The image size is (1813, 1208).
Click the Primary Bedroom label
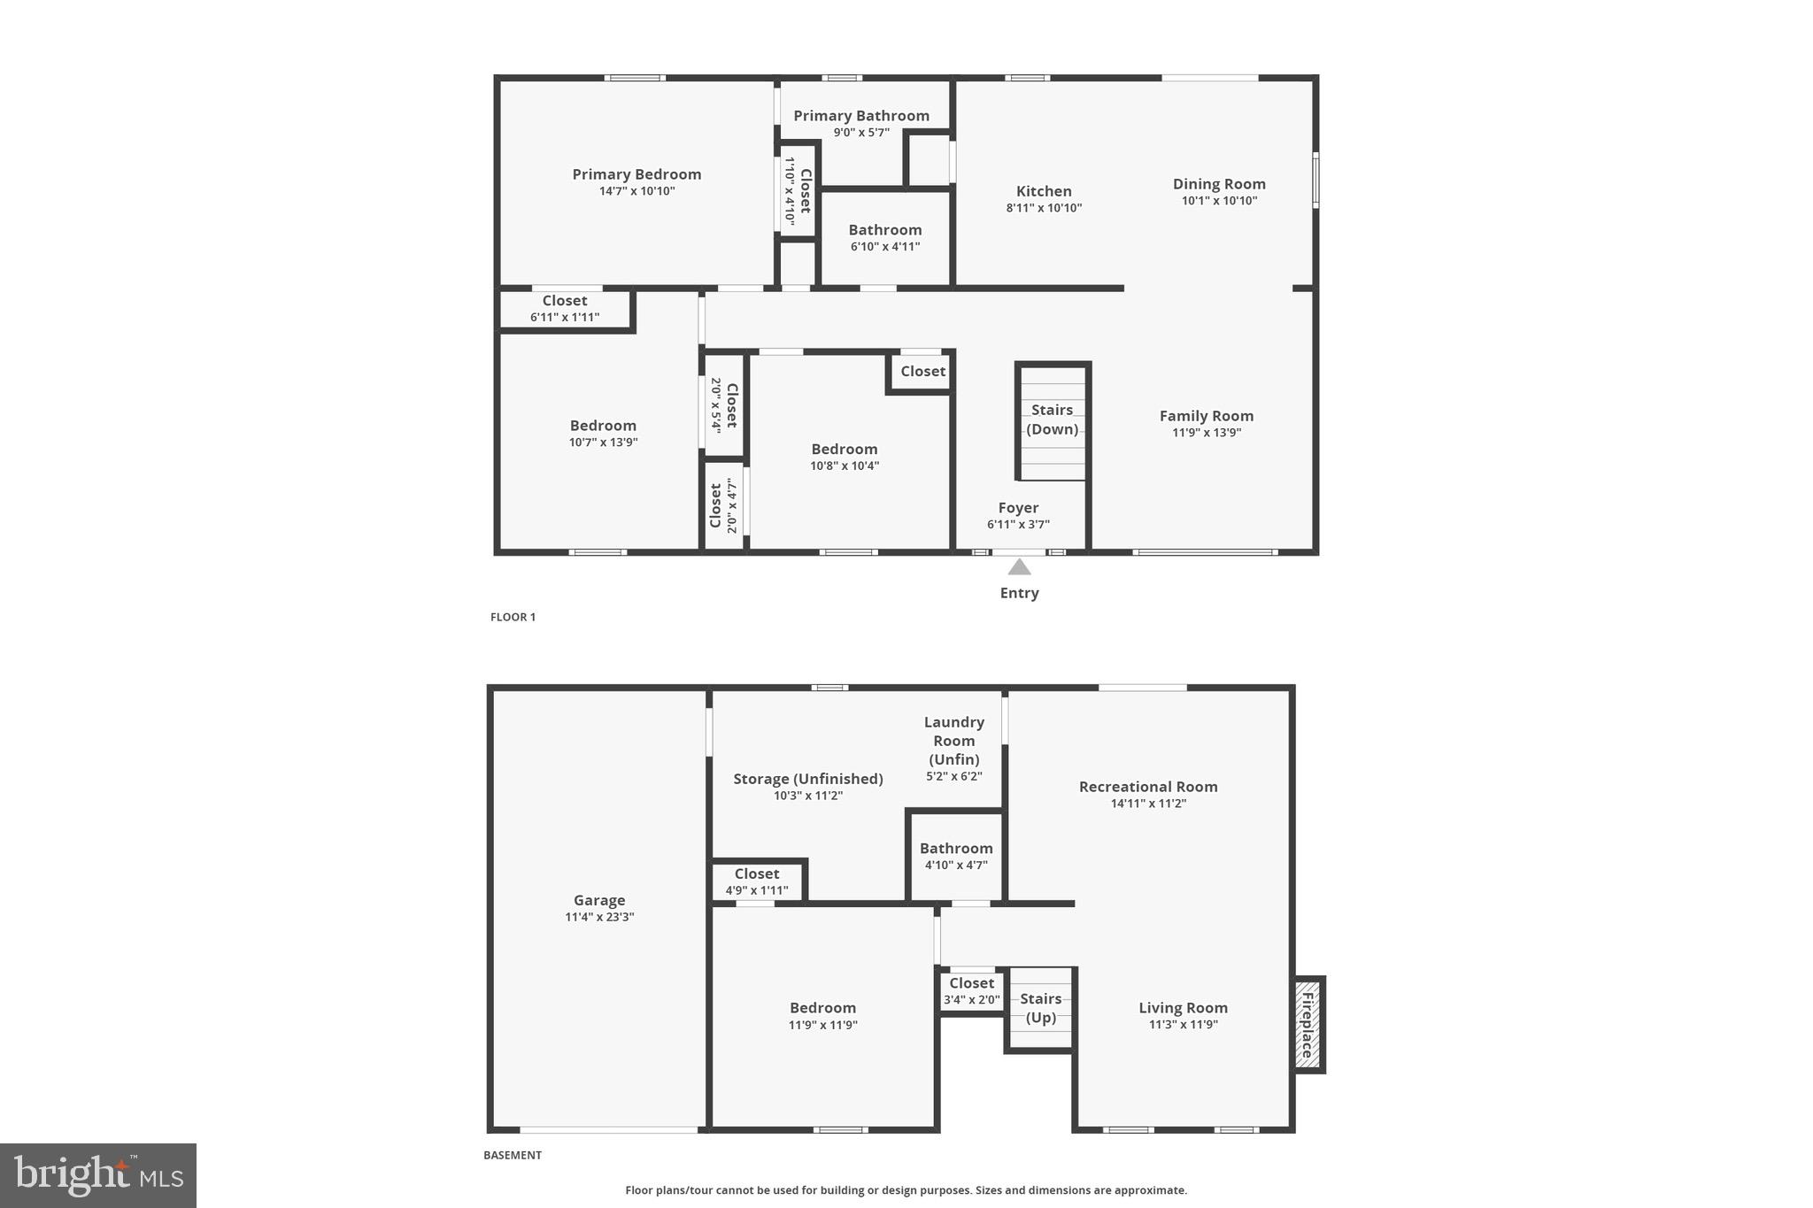(636, 174)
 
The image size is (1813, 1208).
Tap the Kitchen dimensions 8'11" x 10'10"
(1044, 208)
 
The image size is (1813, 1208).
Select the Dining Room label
(1219, 184)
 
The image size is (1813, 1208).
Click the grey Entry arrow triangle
(1019, 567)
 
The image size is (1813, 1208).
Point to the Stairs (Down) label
(1052, 419)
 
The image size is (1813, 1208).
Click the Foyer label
(1018, 508)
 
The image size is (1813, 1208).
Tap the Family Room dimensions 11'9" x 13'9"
(1207, 433)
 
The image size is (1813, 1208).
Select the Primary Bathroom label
(860, 116)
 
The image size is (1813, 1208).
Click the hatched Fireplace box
(1307, 1024)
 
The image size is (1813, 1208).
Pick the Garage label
(599, 900)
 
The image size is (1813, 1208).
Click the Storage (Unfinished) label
(807, 779)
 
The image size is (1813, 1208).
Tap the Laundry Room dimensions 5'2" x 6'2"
(953, 777)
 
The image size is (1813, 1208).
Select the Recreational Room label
(1148, 787)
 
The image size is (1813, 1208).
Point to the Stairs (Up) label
(1040, 1008)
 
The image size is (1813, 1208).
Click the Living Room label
(1183, 1008)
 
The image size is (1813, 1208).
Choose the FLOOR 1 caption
(513, 617)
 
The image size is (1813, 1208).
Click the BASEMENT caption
(512, 1155)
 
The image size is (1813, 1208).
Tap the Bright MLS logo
(98, 1175)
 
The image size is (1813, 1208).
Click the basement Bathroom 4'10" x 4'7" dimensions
(956, 866)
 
